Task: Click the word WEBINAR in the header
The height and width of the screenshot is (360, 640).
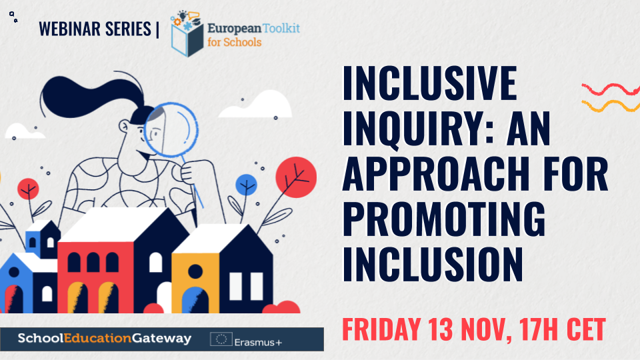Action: pyautogui.click(x=69, y=29)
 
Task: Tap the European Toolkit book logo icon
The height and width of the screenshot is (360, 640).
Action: pyautogui.click(x=187, y=34)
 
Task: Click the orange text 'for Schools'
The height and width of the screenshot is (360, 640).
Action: pyautogui.click(x=234, y=42)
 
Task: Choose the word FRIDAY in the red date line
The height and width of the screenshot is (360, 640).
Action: pyautogui.click(x=381, y=329)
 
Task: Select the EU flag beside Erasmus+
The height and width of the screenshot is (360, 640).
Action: pyautogui.click(x=221, y=339)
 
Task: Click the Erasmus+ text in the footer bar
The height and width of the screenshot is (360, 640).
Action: pyautogui.click(x=258, y=342)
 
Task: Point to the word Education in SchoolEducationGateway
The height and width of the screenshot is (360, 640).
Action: pyautogui.click(x=98, y=339)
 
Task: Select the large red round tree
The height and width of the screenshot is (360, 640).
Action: pyautogui.click(x=296, y=177)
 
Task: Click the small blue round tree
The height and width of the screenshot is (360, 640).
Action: pyautogui.click(x=246, y=185)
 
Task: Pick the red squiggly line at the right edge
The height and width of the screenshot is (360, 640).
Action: pyautogui.click(x=611, y=89)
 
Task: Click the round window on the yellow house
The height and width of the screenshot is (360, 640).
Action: pyautogui.click(x=195, y=271)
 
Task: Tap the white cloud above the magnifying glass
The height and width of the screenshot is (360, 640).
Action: pyautogui.click(x=256, y=105)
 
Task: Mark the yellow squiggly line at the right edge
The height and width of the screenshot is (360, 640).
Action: pyautogui.click(x=611, y=106)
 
